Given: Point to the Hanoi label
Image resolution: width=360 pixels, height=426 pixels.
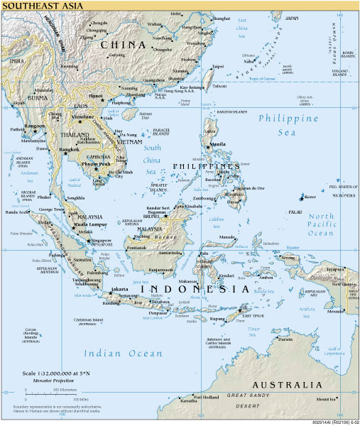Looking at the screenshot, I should [x=96, y=94].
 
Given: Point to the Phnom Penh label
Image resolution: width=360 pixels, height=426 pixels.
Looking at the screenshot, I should [x=95, y=164].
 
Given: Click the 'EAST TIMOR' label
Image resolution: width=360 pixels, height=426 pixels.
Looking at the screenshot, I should [x=252, y=315].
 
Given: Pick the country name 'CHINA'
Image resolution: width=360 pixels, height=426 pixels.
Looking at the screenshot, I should [x=123, y=45].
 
